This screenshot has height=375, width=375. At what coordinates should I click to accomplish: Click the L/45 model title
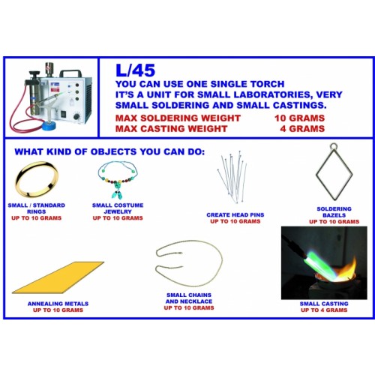[x=135, y=70]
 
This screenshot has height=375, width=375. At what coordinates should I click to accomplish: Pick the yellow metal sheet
[x=58, y=277]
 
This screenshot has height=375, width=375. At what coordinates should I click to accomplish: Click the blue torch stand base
[x=53, y=125]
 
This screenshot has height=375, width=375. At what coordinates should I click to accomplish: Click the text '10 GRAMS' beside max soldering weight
[x=299, y=118]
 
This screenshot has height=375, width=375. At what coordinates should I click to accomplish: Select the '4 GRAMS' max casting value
[x=302, y=129]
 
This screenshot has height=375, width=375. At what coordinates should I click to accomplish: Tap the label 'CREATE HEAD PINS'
[x=235, y=214]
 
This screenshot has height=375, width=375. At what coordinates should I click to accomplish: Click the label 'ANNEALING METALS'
[x=58, y=304]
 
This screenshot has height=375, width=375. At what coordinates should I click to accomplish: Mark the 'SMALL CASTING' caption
[x=324, y=304]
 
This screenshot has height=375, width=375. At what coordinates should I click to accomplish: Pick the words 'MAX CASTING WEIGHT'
[x=171, y=129]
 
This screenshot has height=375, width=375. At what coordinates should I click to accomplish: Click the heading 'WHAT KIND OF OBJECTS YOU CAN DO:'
[x=109, y=151]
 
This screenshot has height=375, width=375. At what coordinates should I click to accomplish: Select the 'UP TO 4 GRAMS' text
[x=324, y=310]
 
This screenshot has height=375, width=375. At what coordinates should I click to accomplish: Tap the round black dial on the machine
[x=76, y=116]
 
